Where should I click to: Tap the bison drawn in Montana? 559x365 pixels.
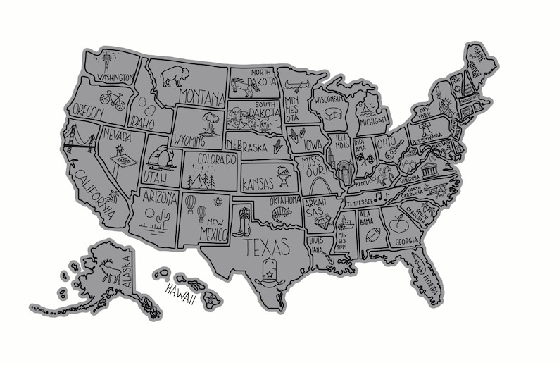(172, 75)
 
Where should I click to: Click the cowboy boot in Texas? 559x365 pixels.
(244, 221)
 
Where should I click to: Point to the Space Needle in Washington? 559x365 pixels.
(107, 62)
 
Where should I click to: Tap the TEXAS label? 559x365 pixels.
(266, 247)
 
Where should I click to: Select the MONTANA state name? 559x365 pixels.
(201, 95)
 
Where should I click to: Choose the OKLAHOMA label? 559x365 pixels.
(284, 200)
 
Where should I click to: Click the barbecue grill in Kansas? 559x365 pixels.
(284, 173)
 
